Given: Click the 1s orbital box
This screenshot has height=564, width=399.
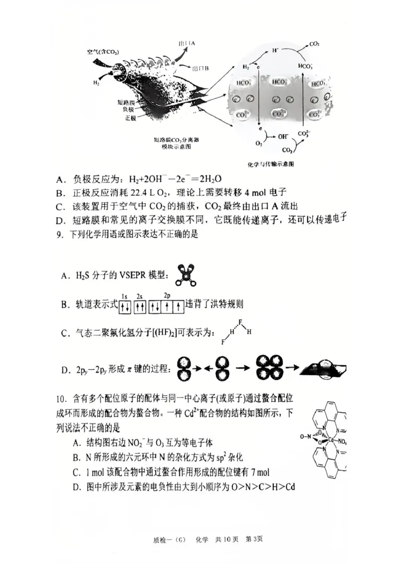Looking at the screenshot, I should (x=125, y=306).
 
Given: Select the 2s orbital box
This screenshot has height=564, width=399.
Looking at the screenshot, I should (x=140, y=306).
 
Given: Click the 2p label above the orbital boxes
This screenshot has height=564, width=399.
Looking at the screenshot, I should (x=167, y=295).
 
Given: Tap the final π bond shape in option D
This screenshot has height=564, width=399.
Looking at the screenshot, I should (x=324, y=369).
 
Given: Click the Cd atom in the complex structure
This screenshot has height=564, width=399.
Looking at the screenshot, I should (x=330, y=440).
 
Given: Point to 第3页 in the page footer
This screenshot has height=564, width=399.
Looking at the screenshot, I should (x=254, y=540).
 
